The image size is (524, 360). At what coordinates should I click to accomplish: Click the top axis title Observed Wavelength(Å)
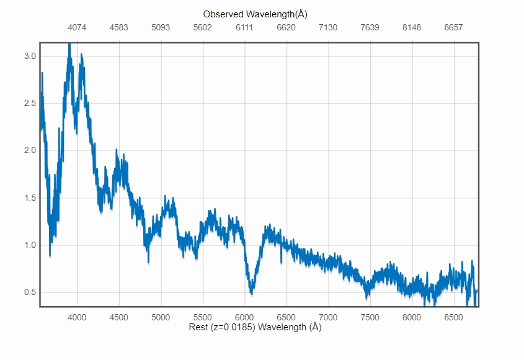(x=255, y=14)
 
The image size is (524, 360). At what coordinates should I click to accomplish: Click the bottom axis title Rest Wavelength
(x=255, y=327)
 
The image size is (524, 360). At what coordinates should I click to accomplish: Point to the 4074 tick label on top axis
(x=77, y=28)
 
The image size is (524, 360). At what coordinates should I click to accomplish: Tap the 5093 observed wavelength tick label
(x=161, y=28)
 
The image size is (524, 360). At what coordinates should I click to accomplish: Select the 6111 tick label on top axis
(x=244, y=28)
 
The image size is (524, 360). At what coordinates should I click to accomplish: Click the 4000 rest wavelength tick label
(x=77, y=317)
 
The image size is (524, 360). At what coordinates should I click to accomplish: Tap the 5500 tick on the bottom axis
(x=202, y=317)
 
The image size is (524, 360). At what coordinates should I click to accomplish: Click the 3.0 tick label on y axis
(x=30, y=56)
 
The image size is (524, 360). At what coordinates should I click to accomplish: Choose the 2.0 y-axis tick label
(x=30, y=151)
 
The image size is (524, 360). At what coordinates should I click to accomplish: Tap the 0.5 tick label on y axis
(x=30, y=292)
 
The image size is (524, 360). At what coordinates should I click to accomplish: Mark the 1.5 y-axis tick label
(x=30, y=198)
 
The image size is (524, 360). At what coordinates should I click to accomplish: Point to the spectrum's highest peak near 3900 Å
(x=69, y=44)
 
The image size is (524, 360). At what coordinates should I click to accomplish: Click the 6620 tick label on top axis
(x=286, y=28)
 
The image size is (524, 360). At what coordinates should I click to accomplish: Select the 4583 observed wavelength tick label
(x=119, y=28)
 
